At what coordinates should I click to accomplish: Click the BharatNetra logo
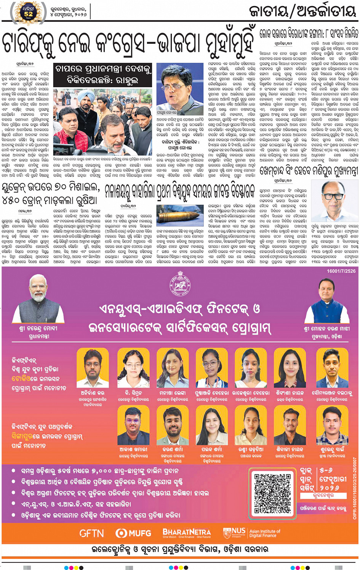point(187,533)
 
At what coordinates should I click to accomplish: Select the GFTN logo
point(91,533)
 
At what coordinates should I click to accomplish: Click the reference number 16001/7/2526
point(341,271)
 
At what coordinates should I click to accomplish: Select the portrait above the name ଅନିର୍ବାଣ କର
point(92,368)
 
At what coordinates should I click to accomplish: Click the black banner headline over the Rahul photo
point(103,74)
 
